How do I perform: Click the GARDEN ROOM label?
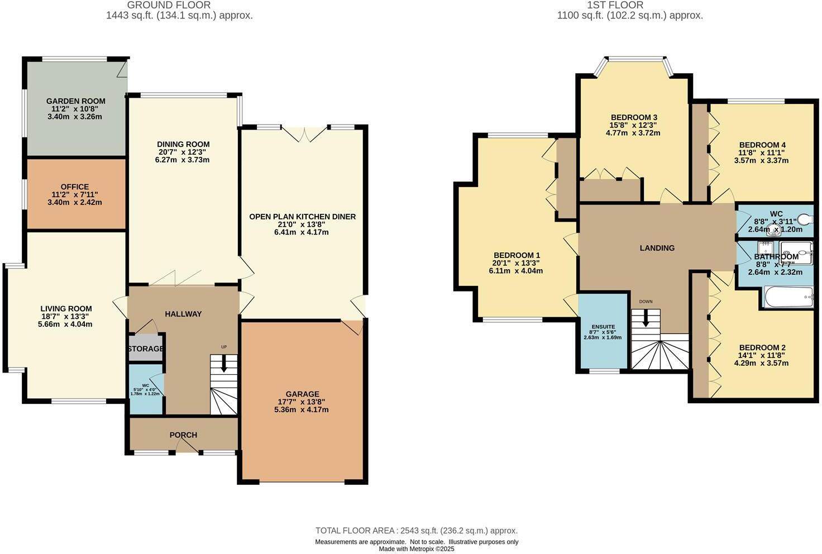click(x=75, y=101)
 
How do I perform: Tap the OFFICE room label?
click(x=75, y=187)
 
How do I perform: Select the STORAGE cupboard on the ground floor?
click(x=145, y=348)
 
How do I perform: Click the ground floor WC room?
click(x=145, y=389)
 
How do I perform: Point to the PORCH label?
click(x=183, y=435)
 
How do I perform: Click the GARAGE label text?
click(x=302, y=394)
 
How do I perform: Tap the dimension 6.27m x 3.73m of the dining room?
click(x=183, y=160)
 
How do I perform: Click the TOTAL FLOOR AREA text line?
click(x=416, y=531)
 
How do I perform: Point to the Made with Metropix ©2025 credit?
click(x=416, y=549)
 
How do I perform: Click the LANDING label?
click(x=657, y=248)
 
